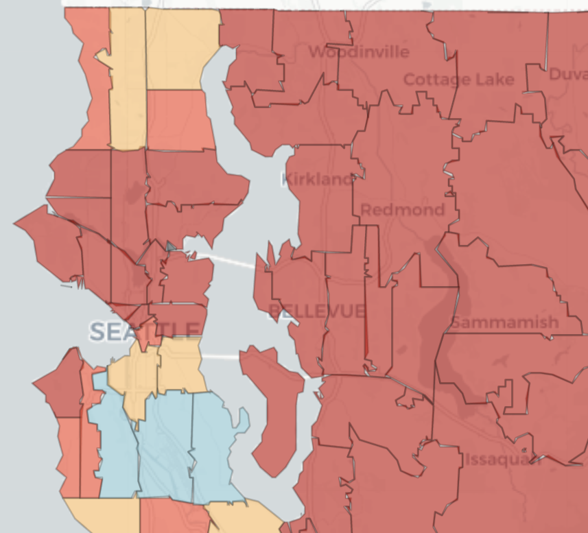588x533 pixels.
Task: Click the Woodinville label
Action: coord(358,52)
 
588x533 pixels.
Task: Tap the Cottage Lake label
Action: coord(458,80)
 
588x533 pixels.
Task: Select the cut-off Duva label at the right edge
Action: coord(567,74)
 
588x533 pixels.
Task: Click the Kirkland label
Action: coord(317,180)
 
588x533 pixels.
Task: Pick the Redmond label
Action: coord(402,210)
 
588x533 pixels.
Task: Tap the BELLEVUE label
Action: coord(316,311)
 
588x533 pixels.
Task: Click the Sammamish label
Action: coord(504,322)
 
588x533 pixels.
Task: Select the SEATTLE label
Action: coord(145,332)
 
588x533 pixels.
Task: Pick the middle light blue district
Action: coord(165,446)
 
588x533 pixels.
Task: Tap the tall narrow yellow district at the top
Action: coord(128,82)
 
